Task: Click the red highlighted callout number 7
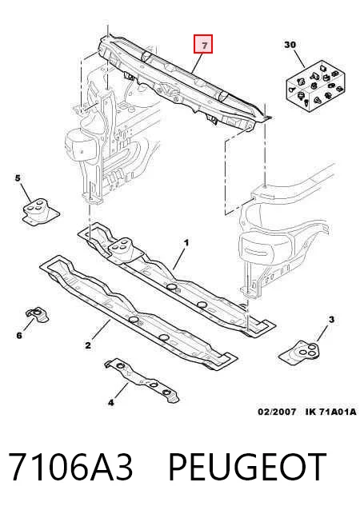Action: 204,45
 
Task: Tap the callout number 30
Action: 290,44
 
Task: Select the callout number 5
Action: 18,178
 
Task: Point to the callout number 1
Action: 186,243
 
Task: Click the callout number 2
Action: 88,345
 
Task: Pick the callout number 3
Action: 331,320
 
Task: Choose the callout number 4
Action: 111,403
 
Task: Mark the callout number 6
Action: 19,335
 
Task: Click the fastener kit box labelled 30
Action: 314,86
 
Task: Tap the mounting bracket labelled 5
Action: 41,211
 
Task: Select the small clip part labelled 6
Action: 37,314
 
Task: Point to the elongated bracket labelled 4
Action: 142,381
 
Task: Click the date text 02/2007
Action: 277,412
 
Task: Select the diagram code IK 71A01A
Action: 330,412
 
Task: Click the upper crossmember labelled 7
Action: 182,80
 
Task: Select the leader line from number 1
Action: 179,259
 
